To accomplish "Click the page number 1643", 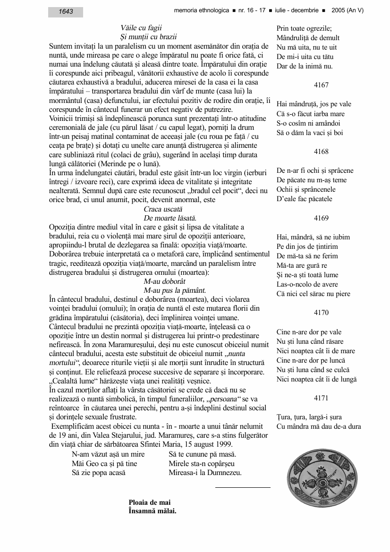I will pos(66,12).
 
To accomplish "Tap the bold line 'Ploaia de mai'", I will pos(150,502).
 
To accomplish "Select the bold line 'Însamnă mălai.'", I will pos(153,510).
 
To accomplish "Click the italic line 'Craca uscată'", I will pos(163,209).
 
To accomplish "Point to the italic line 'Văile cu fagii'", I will pos(141,28).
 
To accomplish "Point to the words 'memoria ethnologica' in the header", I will pos(200,10).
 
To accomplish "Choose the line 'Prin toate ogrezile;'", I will pos(304,28).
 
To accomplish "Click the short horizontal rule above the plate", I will pos(243,487).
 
